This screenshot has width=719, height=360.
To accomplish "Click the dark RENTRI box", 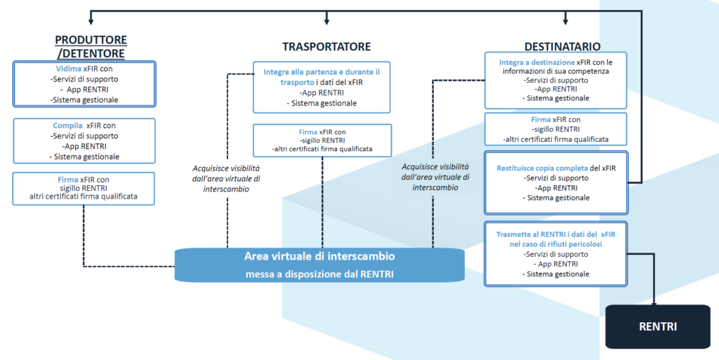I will tap(657, 326).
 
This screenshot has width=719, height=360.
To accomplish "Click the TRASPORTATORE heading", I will tap(326, 47).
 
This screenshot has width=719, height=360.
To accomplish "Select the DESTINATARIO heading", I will tap(562, 47).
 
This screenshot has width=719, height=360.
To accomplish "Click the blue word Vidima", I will tap(69, 69).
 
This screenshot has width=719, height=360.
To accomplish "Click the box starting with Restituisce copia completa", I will tap(555, 182).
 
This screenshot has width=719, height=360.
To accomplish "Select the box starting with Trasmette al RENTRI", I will tap(555, 253).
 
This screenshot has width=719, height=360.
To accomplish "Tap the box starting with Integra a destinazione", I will tap(555, 80).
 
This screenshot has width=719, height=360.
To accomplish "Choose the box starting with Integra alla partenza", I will tap(322, 87).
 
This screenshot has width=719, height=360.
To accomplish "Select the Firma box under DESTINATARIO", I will tap(555, 129).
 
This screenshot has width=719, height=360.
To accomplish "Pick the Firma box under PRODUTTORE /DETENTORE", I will tap(84, 187).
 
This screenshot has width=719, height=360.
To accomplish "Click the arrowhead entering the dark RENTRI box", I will tap(655, 301).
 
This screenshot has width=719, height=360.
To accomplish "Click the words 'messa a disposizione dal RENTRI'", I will tap(319, 274).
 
